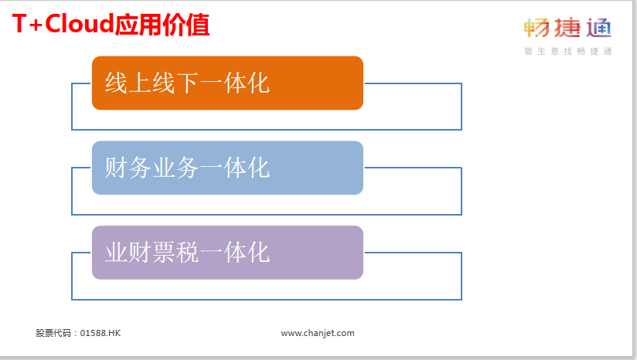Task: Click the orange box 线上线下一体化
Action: pyautogui.click(x=227, y=83)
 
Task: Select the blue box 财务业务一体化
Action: pyautogui.click(x=227, y=168)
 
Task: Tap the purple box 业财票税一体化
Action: pyautogui.click(x=227, y=253)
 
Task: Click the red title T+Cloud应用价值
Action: pyautogui.click(x=111, y=25)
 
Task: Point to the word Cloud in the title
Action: pyautogui.click(x=79, y=23)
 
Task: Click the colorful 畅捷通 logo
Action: pyautogui.click(x=567, y=28)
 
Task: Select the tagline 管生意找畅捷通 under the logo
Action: pyautogui.click(x=568, y=51)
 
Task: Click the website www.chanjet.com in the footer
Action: pyautogui.click(x=318, y=333)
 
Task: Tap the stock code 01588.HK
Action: pyautogui.click(x=100, y=333)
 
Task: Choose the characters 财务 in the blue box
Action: pyautogui.click(x=128, y=168)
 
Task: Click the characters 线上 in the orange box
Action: pyautogui.click(x=128, y=83)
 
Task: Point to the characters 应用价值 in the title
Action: pyautogui.click(x=162, y=25)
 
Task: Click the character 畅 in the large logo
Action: pyautogui.click(x=537, y=28)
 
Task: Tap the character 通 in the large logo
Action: pyautogui.click(x=599, y=28)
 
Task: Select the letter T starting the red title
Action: pyautogui.click(x=19, y=24)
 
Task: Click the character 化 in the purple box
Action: pyautogui.click(x=258, y=253)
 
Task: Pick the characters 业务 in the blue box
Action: pyautogui.click(x=175, y=168)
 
